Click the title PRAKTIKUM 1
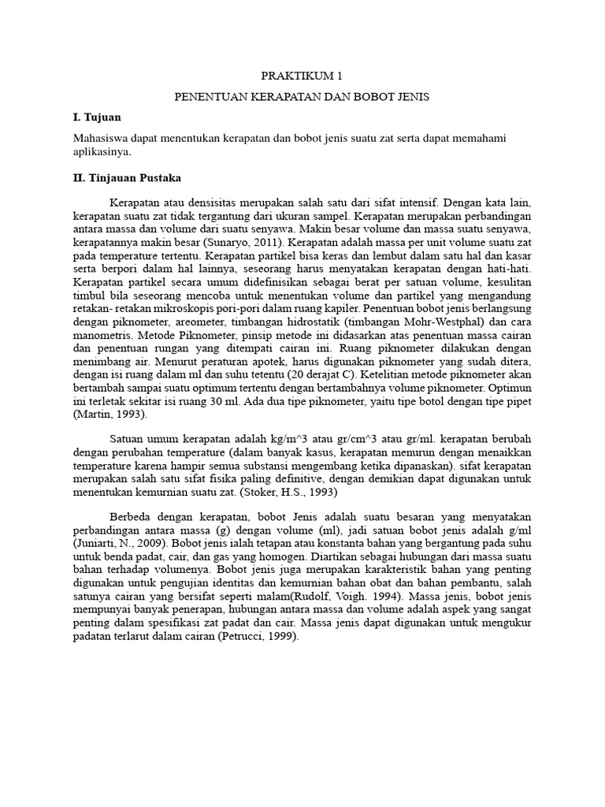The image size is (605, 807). coord(302,76)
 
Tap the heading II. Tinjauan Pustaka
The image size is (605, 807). coord(126,178)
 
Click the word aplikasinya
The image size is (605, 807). coord(102,151)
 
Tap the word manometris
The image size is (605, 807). coord(98,333)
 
